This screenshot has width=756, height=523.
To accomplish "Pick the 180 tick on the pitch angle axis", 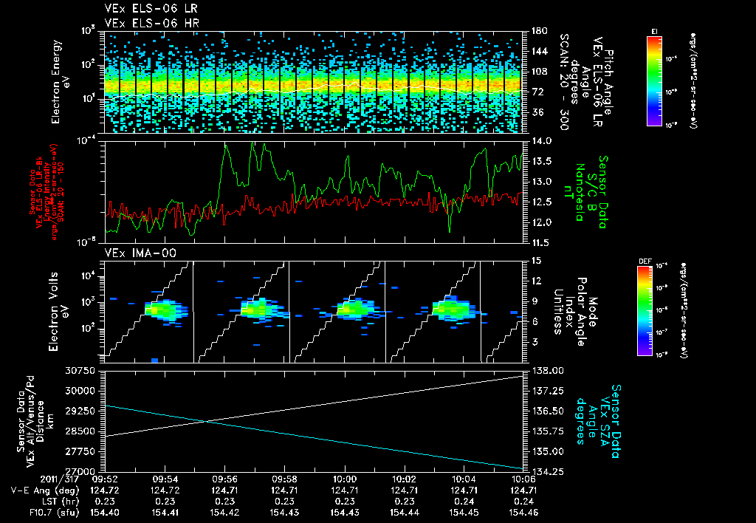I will (537, 31).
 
